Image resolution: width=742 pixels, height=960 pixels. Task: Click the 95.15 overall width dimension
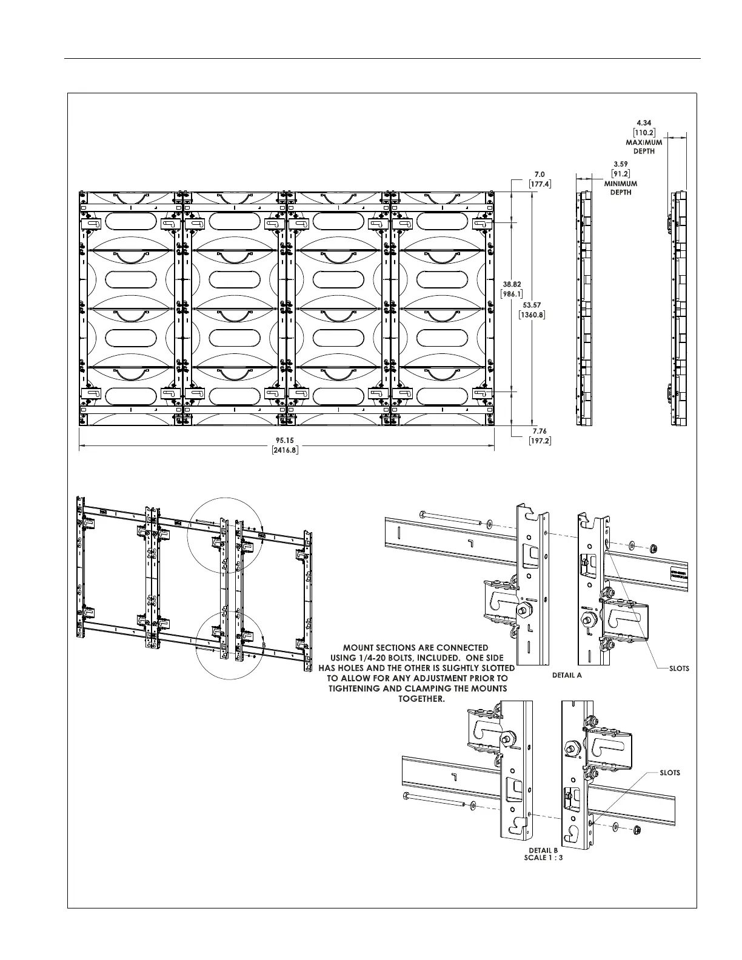pos(286,441)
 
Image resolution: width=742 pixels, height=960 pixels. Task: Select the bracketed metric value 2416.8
pos(286,450)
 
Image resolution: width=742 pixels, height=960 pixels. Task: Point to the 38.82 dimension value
pos(512,284)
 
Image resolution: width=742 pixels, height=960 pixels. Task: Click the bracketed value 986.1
pos(512,293)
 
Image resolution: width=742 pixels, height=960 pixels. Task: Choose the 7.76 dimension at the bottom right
pos(540,431)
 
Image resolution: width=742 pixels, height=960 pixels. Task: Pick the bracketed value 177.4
pos(540,184)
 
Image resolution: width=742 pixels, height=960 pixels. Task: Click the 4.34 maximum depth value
pos(644,123)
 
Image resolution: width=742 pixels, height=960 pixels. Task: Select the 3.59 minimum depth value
pos(620,164)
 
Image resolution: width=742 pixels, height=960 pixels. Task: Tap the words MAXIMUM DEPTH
pos(644,147)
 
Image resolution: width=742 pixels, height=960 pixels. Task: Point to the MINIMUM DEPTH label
pos(620,188)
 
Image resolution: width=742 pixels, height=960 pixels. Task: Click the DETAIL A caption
pos(567,675)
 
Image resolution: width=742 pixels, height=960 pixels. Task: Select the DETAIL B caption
pos(543,851)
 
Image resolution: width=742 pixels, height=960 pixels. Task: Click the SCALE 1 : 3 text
pos(543,858)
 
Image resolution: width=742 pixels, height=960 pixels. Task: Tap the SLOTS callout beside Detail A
pos(679,668)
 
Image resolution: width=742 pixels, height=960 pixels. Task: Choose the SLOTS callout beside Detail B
pos(670,773)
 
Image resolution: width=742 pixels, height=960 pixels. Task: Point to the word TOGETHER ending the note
pos(421,699)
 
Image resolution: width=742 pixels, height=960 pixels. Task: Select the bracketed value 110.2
pos(644,132)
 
